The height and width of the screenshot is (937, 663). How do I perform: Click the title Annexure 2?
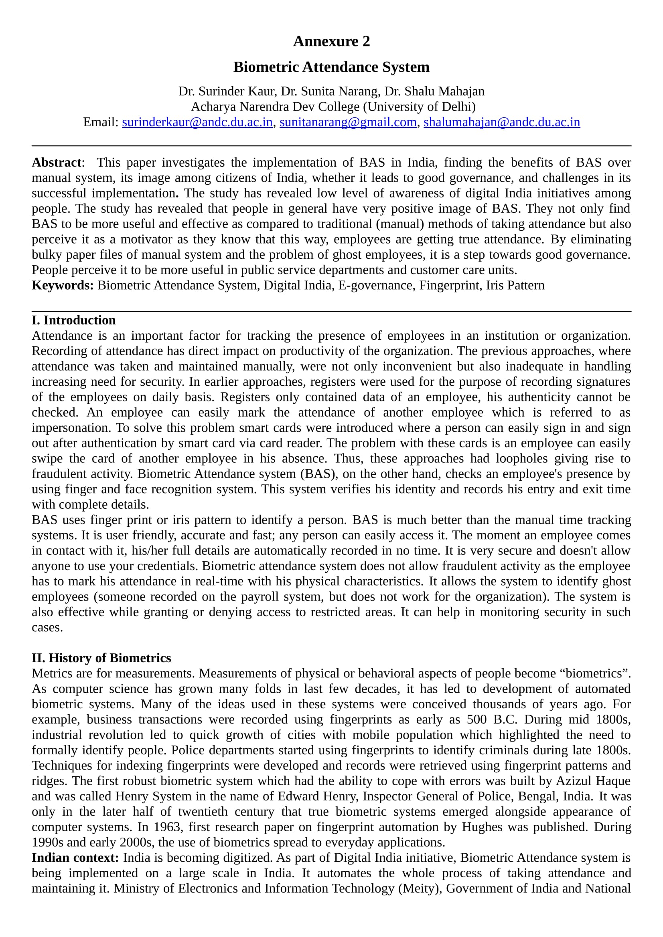pos(331,41)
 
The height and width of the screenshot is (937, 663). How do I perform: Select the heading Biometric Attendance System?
pos(331,67)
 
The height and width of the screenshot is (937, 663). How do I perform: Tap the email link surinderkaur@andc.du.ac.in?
pos(197,122)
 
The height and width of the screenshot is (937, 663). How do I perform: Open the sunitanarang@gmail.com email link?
pos(348,122)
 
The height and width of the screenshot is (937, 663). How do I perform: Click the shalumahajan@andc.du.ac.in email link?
pos(502,122)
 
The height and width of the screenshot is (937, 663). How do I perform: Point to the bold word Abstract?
pos(57,162)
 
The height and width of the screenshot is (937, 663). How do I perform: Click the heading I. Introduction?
pos(73,320)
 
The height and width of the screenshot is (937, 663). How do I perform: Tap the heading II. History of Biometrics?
pos(101,658)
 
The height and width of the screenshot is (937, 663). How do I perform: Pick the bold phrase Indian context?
pos(75,858)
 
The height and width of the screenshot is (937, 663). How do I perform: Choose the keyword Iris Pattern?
pos(515,285)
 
